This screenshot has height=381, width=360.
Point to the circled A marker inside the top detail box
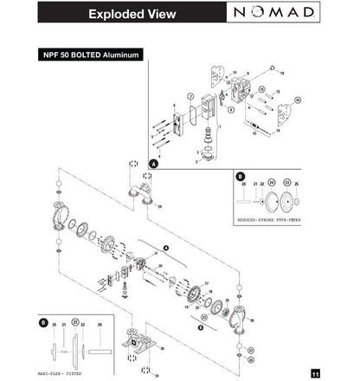pyautogui.click(x=154, y=163)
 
